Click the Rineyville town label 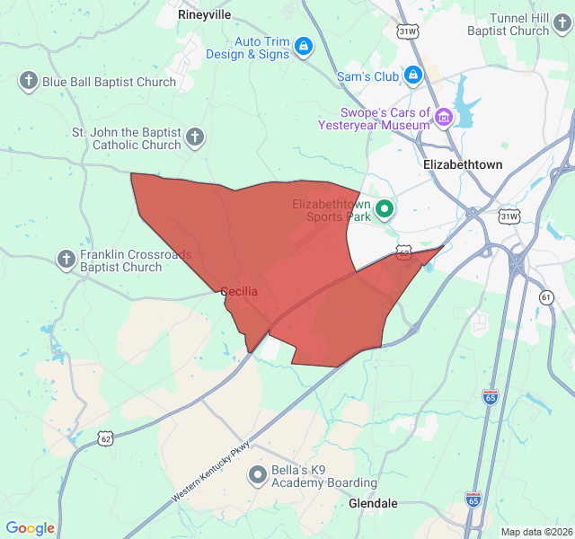coord(204,15)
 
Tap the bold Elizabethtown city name coord(463,165)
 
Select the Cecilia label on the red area coord(239,292)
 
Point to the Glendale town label coord(373,504)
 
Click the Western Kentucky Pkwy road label coord(212,471)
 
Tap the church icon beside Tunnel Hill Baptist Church coord(564,31)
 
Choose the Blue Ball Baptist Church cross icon coord(28,82)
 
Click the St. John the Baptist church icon coord(196,138)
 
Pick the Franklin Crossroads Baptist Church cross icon coord(66,261)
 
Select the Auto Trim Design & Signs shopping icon coord(304,46)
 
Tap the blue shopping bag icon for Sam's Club coord(413,75)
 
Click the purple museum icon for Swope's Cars coord(444,116)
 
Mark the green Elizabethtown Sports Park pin coord(385,210)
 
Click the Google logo coord(30,529)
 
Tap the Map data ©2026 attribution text coord(535,532)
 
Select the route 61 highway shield coord(547,296)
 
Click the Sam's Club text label coord(367,77)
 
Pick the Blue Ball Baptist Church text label coord(110,83)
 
